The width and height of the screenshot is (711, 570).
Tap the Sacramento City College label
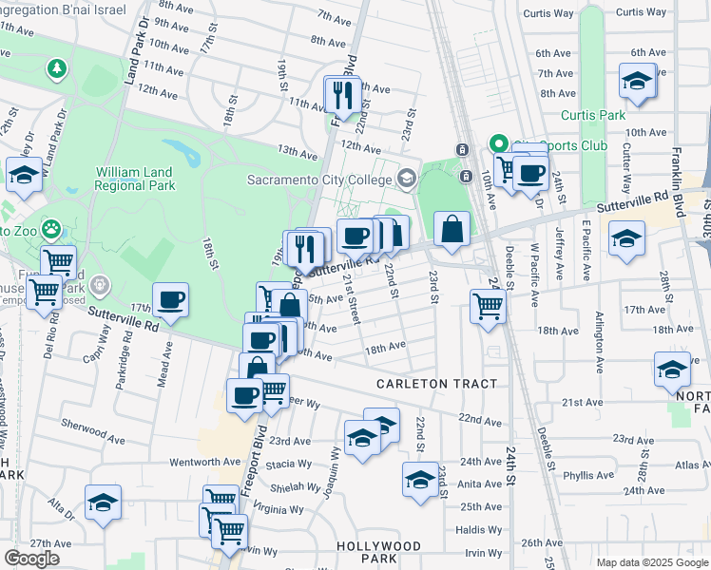tap(319, 180)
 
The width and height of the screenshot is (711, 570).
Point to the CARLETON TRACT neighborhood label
tap(436, 384)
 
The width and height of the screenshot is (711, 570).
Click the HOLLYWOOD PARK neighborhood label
tap(378, 552)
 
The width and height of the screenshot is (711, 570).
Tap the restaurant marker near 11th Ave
tap(339, 94)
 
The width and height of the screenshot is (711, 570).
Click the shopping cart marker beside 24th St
tap(488, 307)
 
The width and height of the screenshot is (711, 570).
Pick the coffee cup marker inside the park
tap(171, 300)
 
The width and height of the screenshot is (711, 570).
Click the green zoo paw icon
tap(49, 230)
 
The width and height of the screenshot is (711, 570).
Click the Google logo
tap(31, 558)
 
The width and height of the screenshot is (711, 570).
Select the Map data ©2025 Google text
tap(651, 562)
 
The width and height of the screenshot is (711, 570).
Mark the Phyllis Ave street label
tap(588, 475)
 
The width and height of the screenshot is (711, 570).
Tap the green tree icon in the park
tap(58, 68)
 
